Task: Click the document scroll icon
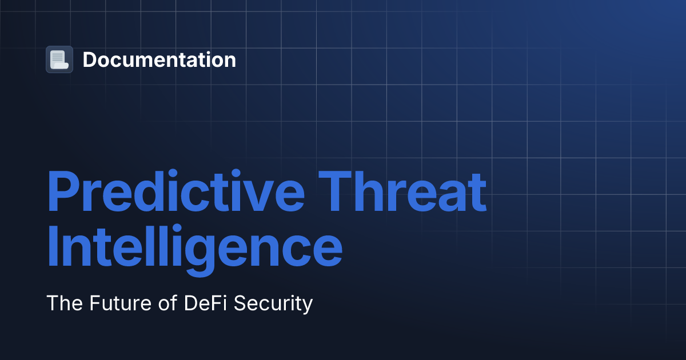pos(59,59)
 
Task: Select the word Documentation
pos(159,59)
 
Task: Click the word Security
pos(273,303)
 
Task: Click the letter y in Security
pos(308,305)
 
